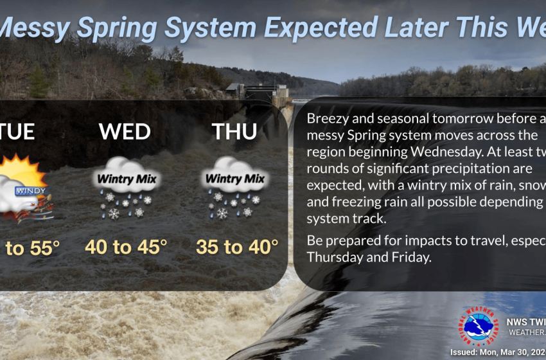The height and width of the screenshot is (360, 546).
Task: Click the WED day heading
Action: [x=125, y=132]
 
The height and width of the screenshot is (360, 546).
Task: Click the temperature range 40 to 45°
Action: [x=126, y=246]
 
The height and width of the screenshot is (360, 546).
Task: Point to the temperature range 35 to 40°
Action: [x=237, y=246]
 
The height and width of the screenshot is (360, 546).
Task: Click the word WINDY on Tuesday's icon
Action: [x=28, y=192]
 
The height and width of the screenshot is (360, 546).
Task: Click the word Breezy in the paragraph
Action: [x=328, y=120]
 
